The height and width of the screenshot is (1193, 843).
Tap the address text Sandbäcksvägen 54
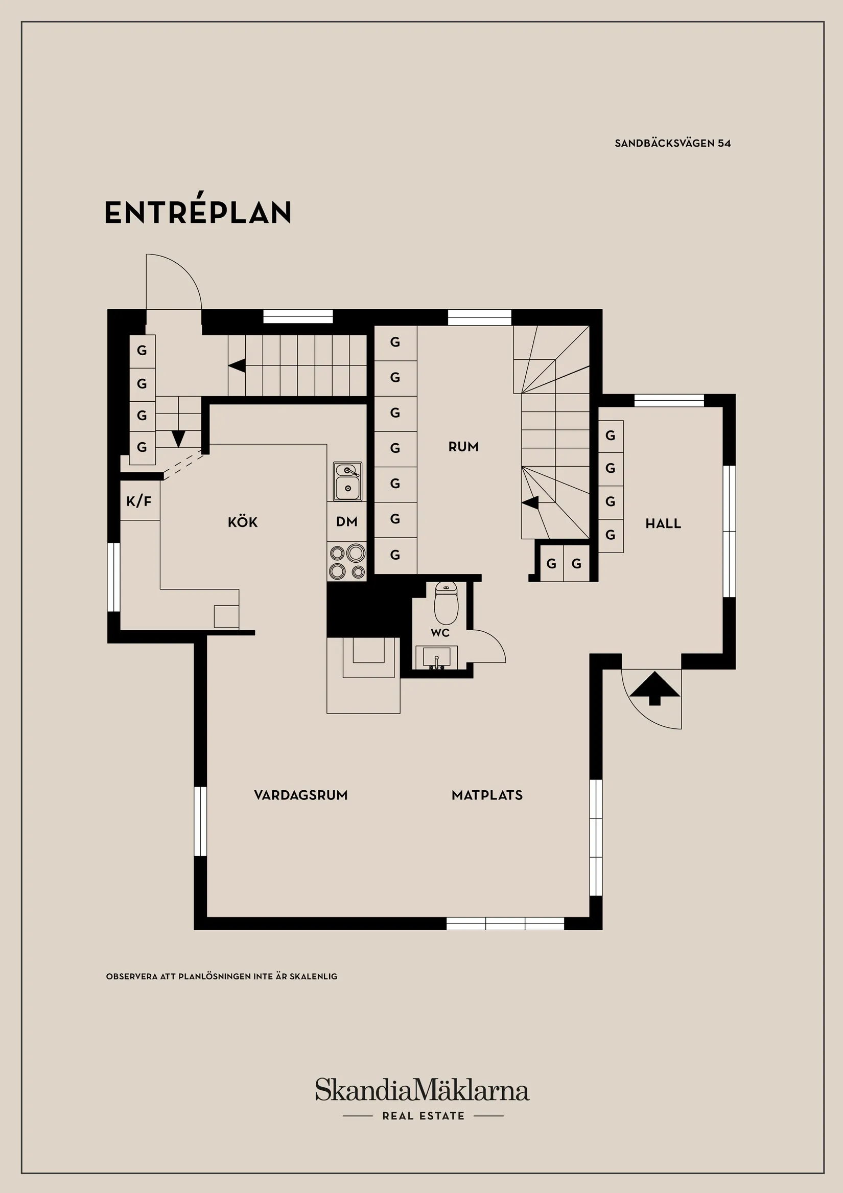coord(673,144)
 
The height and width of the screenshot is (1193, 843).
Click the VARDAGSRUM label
coord(301,795)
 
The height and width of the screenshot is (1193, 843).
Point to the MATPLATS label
coord(487,795)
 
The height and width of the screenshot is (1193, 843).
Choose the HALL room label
coord(663,523)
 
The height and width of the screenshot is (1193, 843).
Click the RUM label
coord(463,446)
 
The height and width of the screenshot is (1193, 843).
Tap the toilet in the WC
coord(446,603)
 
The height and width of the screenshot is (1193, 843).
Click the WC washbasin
coord(437,658)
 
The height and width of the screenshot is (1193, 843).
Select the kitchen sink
coord(347,481)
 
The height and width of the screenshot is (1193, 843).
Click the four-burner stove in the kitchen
coord(347,562)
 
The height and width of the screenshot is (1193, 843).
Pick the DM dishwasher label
coord(346,522)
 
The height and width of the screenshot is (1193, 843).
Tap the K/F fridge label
coord(139,501)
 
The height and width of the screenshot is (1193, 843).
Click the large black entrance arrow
coord(654,688)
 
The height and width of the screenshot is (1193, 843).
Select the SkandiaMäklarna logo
coord(422,1090)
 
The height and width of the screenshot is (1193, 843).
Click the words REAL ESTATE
coord(424,1116)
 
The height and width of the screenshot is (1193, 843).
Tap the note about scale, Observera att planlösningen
coord(222,976)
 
